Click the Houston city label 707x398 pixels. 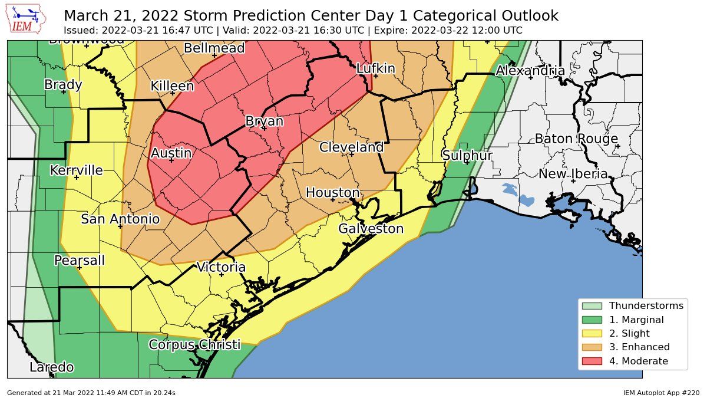pyautogui.click(x=332, y=193)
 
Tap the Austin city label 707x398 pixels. pyautogui.click(x=171, y=153)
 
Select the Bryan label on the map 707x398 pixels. pyautogui.click(x=264, y=121)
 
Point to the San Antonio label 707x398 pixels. pyautogui.click(x=120, y=219)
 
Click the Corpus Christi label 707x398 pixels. pyautogui.click(x=194, y=345)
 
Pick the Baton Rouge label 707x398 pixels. pyautogui.click(x=576, y=139)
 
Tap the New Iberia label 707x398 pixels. pyautogui.click(x=573, y=174)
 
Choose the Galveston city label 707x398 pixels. pyautogui.click(x=371, y=229)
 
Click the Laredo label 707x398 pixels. pyautogui.click(x=52, y=368)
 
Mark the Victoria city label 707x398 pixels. pyautogui.click(x=221, y=267)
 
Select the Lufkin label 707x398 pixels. pyautogui.click(x=375, y=68)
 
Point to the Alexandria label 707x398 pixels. pyautogui.click(x=530, y=71)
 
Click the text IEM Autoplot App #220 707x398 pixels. pyautogui.click(x=661, y=392)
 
